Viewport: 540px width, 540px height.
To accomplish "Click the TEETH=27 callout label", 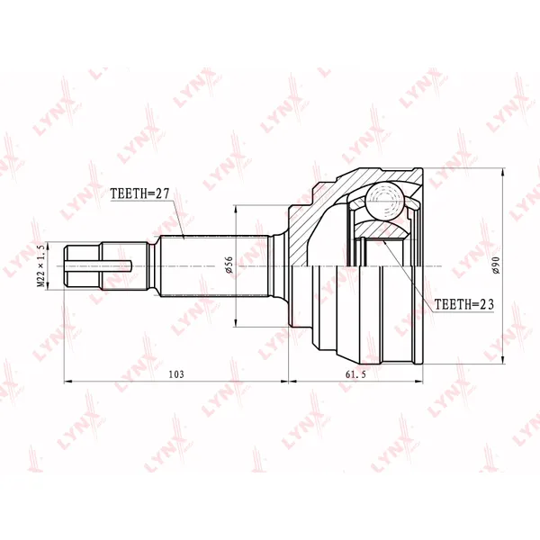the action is (139, 193).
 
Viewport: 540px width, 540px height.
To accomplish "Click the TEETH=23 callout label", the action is (463, 304).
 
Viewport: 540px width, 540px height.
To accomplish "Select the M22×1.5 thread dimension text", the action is (40, 265).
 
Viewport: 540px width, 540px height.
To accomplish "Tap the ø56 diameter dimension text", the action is (229, 265).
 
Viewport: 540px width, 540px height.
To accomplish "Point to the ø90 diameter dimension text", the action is (496, 265).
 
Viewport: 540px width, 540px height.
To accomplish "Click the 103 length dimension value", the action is (176, 374).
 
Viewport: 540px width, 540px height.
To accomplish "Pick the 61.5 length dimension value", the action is (356, 374).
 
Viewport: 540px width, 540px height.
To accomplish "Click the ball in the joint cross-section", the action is (384, 201).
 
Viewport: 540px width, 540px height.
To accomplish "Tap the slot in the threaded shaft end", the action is (98, 265).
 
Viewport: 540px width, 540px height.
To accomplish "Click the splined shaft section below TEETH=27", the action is (214, 265).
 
